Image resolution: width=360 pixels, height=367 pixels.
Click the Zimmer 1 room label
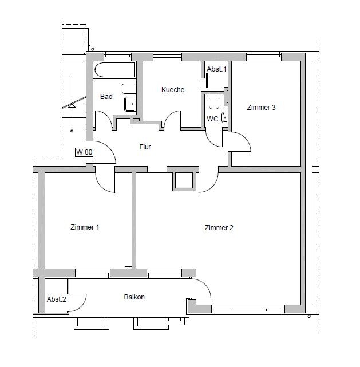85,227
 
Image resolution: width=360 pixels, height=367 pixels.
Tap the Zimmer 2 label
219,228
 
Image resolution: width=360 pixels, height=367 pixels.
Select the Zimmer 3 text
262,108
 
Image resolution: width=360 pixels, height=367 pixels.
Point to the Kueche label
173,90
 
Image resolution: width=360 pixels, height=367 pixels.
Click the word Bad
106,96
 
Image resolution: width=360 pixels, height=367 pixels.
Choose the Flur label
145,147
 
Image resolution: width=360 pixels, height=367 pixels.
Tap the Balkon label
134,297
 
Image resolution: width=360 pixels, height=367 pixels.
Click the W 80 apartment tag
84,152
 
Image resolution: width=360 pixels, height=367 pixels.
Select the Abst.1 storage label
216,69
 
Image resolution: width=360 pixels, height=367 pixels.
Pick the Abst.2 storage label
56,299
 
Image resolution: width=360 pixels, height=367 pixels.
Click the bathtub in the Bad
115,70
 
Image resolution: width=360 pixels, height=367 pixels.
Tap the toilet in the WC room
213,102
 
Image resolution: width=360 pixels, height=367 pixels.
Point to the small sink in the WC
224,117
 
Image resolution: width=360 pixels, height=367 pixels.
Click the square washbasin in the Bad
130,104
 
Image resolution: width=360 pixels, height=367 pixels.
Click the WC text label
212,119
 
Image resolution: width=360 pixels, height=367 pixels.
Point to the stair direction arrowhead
72,106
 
